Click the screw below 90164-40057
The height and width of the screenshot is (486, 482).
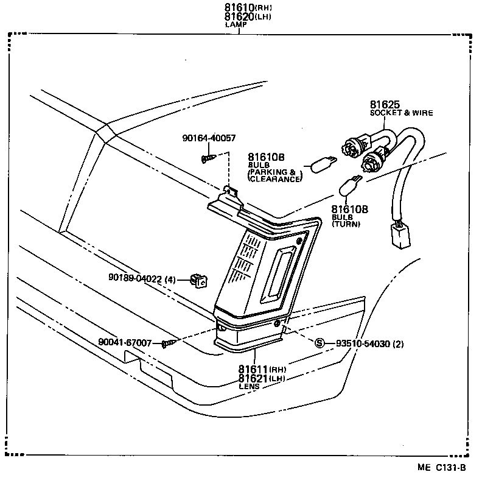207,159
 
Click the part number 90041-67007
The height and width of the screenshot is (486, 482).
125,343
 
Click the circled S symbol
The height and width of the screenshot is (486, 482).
320,343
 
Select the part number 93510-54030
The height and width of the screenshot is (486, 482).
360,343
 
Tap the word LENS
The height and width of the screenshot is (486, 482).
249,386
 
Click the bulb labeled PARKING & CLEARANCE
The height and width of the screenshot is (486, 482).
322,163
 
